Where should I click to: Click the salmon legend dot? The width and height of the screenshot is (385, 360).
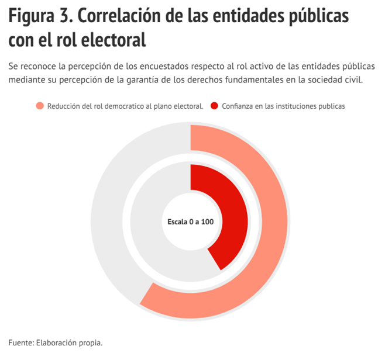click(x=40, y=106)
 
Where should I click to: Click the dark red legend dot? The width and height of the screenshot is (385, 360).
click(x=214, y=106)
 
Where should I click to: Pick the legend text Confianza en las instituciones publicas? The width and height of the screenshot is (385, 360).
click(x=283, y=106)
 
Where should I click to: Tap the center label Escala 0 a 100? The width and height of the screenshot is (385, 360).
click(x=191, y=222)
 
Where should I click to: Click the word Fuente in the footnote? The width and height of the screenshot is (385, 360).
click(x=21, y=342)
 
